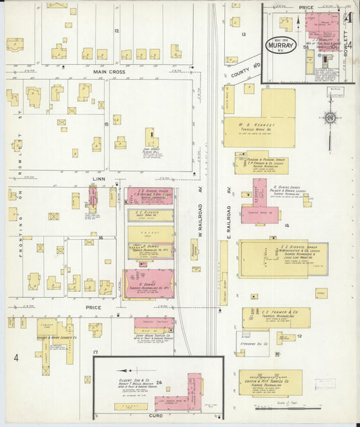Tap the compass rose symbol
330,118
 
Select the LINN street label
99,179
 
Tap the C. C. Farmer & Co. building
277,318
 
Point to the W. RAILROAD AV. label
200,222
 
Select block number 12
116,31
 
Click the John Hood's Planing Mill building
151,138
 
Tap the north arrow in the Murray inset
298,24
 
